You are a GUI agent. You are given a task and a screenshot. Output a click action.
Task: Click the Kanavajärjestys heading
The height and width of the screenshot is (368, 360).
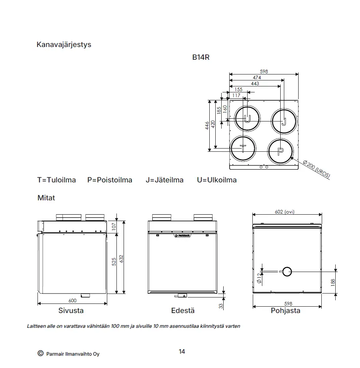[64, 45]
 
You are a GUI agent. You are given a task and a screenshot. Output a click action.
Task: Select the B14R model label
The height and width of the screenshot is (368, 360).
[201, 57]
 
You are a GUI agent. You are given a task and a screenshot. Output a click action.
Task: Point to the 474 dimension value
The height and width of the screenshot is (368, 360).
[257, 77]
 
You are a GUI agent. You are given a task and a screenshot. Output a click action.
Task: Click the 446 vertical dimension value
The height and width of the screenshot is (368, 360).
[207, 125]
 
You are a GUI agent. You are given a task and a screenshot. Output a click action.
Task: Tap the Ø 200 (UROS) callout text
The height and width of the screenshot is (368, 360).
[317, 169]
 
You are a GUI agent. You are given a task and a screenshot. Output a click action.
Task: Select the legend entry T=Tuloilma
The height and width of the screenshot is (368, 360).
[57, 180]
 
